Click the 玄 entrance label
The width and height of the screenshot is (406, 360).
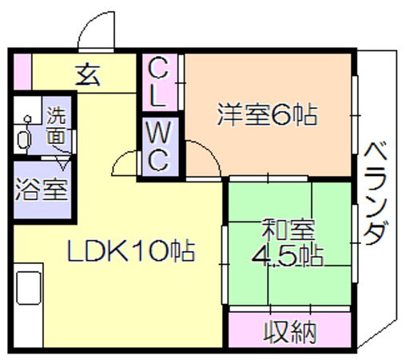[88, 75]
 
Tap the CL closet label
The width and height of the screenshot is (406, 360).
[158, 82]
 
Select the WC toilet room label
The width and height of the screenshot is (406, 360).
[158, 146]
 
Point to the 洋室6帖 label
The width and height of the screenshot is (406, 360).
[267, 115]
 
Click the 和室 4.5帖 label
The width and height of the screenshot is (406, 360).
[287, 242]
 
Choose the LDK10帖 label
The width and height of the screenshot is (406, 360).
[131, 250]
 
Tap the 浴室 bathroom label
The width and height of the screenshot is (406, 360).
[42, 189]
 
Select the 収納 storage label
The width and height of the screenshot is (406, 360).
[290, 332]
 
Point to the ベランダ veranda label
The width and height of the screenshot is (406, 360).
[375, 194]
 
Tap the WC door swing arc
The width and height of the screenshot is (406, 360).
[122, 160]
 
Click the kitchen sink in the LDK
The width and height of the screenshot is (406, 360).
[29, 288]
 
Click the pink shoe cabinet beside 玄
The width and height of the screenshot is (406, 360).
[22, 72]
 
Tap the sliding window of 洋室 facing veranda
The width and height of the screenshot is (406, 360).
[355, 115]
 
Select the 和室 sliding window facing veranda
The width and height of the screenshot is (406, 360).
[355, 243]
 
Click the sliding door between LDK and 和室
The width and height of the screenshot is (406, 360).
[225, 265]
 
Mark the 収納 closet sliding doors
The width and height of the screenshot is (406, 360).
[290, 309]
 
